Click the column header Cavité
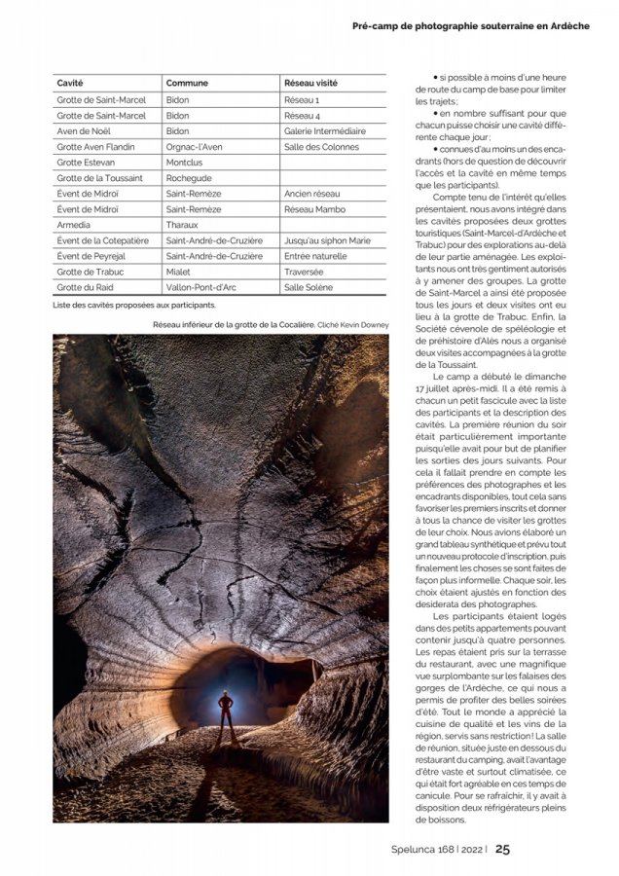pyautogui.click(x=69, y=84)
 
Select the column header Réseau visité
pyautogui.click(x=310, y=84)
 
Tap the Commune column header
pyautogui.click(x=187, y=84)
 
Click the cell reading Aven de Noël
pyautogui.click(x=81, y=131)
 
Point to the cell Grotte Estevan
pyautogui.click(x=86, y=163)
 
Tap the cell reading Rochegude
pyautogui.click(x=189, y=178)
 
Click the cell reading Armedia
pyautogui.click(x=73, y=225)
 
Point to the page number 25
pyautogui.click(x=502, y=849)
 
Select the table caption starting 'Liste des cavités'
pyautogui.click(x=134, y=305)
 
